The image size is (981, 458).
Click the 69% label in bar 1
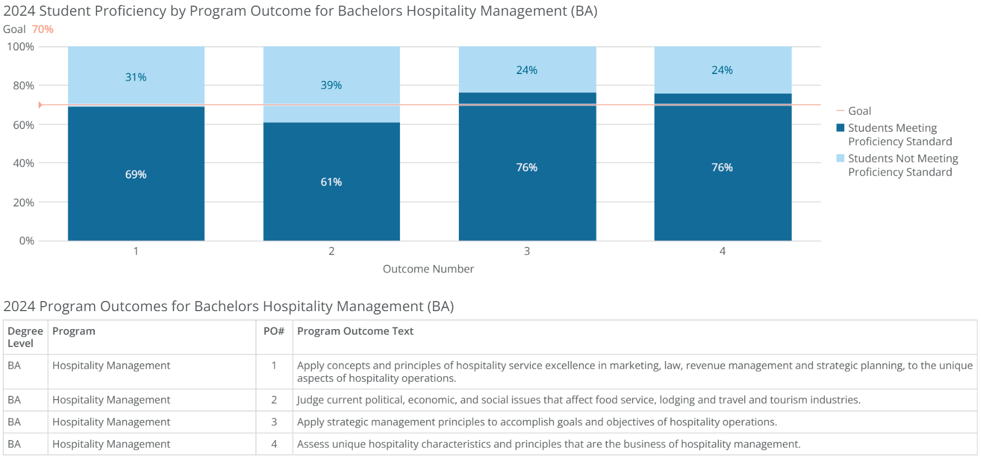pos(136,174)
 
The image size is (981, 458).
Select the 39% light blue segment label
pos(331,85)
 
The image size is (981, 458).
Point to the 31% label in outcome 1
pos(136,77)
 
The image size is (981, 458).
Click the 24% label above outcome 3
pos(527,70)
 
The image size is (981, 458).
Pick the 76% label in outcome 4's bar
pos(722,168)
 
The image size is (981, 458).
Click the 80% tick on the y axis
pos(24,86)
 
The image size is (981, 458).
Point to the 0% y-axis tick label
pos(26,241)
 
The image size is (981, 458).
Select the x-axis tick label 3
pos(527,251)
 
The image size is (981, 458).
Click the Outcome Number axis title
pos(428,269)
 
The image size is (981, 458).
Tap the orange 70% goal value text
pos(43,29)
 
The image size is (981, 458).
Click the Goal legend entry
pos(859,111)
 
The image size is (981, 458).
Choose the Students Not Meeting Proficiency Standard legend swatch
pos(840,159)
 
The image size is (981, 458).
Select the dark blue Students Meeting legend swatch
pos(840,128)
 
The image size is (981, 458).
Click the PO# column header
pos(274,331)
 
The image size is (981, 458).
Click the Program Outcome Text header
pos(355,331)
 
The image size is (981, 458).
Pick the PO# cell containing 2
pos(274,400)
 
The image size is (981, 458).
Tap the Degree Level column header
pos(25,337)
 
